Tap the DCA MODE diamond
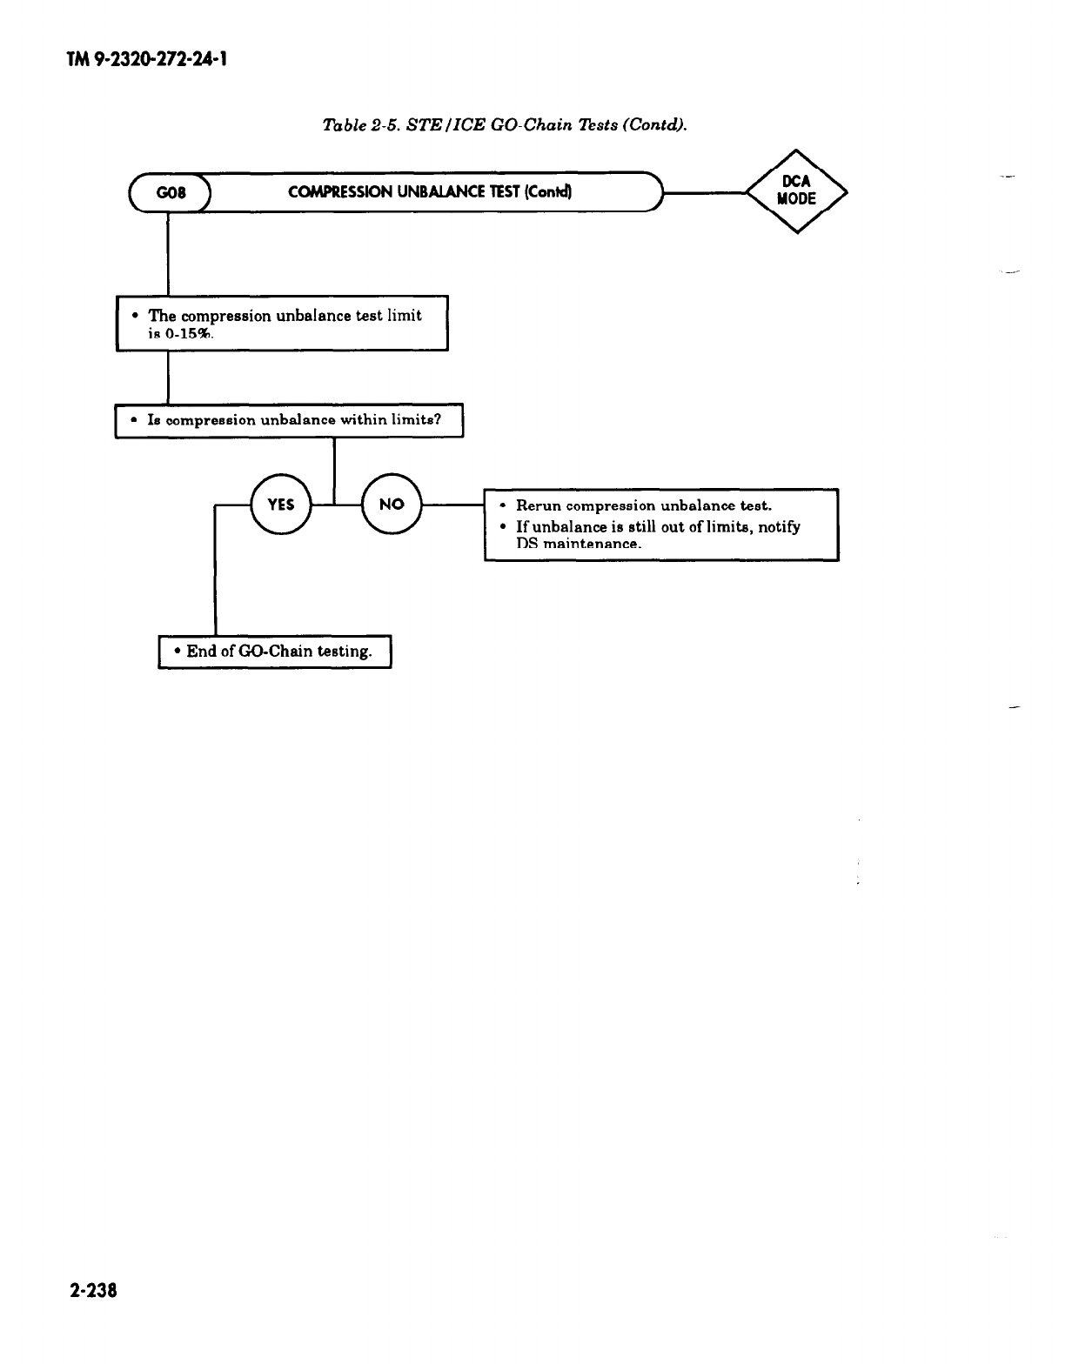(795, 191)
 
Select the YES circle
(280, 504)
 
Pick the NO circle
(392, 504)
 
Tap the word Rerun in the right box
(539, 505)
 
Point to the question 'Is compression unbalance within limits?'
(289, 420)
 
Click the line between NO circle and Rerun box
(452, 504)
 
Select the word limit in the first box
(404, 316)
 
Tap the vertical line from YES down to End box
(215, 574)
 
